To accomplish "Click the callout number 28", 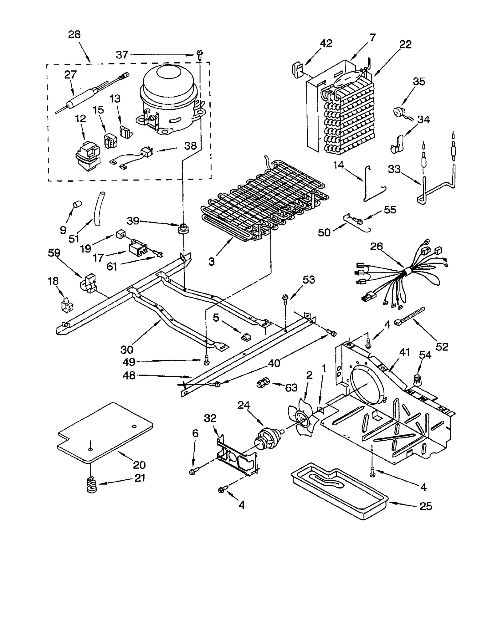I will [74, 34].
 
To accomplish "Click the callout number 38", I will [190, 145].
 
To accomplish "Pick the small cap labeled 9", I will [77, 204].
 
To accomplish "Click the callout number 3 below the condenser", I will [211, 261].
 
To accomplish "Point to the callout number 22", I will [405, 44].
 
